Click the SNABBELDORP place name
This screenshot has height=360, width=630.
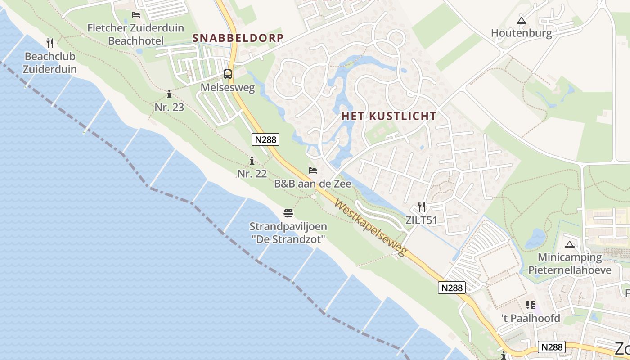(238, 38)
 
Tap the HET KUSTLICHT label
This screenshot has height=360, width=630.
(389, 116)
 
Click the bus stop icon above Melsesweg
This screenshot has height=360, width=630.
(228, 74)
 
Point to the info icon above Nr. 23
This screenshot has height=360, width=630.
(169, 94)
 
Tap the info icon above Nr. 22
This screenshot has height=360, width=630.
(252, 161)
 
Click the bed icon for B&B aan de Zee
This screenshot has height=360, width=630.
(313, 171)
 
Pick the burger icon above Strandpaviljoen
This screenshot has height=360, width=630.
(288, 213)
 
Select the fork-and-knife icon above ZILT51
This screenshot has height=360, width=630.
(422, 207)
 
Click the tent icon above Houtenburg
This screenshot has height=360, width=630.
(522, 20)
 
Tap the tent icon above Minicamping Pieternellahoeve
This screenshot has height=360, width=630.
(570, 245)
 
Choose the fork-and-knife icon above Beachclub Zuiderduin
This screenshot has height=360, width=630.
(50, 43)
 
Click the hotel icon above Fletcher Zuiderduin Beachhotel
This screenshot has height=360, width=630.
(136, 15)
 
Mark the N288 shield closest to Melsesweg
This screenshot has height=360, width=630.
(265, 139)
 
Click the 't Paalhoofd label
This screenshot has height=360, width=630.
(531, 319)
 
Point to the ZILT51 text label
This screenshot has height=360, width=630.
(421, 220)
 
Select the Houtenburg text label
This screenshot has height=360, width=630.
(521, 33)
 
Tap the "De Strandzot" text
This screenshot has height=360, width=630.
(288, 239)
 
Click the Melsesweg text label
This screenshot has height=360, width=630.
(228, 87)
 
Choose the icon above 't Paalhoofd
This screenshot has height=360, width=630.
(531, 305)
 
